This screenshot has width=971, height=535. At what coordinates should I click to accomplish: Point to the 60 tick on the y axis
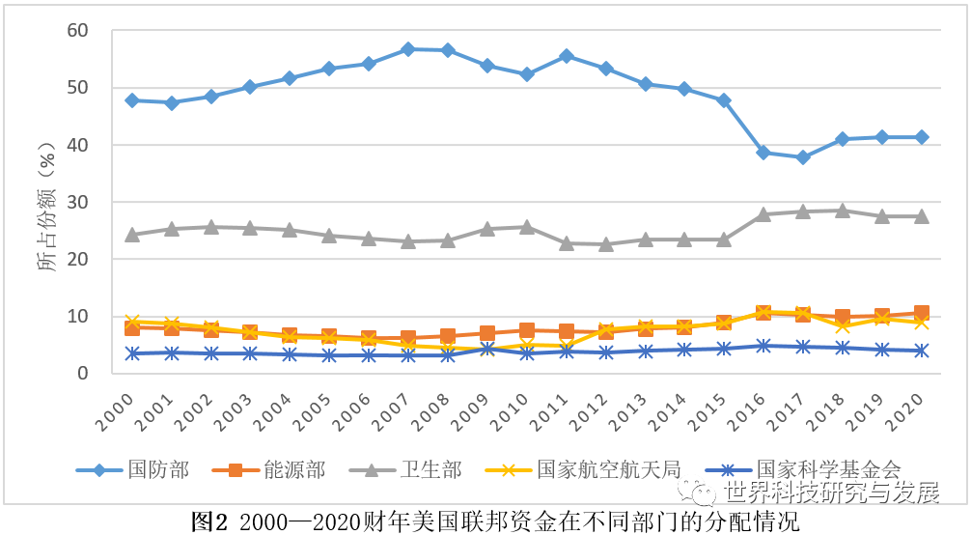pos(78,31)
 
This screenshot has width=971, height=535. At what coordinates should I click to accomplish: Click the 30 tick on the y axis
pos(78,202)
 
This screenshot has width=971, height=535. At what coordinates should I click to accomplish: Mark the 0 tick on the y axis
pos(83,373)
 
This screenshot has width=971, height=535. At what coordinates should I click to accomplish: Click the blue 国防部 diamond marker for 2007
pos(408,48)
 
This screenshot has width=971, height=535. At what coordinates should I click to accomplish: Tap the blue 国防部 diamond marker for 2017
pos(803,157)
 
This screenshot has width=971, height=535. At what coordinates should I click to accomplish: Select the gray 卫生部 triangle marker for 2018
pos(843,211)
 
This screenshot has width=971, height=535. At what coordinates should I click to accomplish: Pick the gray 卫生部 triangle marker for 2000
pos(132,235)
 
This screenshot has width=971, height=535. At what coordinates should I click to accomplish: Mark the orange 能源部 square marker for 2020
pos(922,313)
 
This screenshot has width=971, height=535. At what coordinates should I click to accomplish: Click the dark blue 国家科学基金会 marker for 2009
pos(487,349)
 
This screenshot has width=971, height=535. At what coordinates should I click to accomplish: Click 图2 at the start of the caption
pos(208,522)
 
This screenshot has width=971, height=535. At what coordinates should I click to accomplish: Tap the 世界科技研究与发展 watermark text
pos(831,493)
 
